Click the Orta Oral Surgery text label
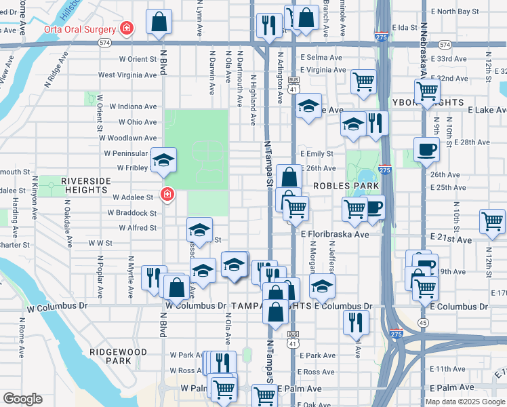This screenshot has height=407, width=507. [x=79, y=29]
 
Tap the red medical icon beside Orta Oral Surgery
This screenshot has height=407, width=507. [x=126, y=28]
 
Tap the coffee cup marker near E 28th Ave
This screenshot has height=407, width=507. [x=426, y=150]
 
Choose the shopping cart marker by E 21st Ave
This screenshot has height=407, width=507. [x=492, y=221]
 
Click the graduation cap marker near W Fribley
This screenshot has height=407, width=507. [x=163, y=159]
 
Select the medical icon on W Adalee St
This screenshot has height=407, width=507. [x=166, y=195]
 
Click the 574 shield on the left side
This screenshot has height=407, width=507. [x=104, y=43]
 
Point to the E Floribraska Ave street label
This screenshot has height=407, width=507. [x=335, y=234]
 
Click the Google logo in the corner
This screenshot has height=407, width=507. [x=22, y=399]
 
